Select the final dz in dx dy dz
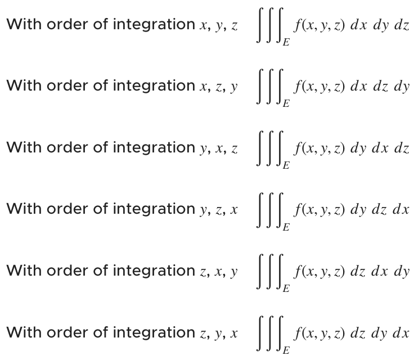(x=402, y=26)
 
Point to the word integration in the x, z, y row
(x=153, y=86)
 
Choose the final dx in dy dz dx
(x=401, y=210)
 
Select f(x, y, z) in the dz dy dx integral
(x=316, y=333)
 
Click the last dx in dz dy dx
(x=401, y=333)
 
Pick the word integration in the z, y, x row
(x=153, y=332)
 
